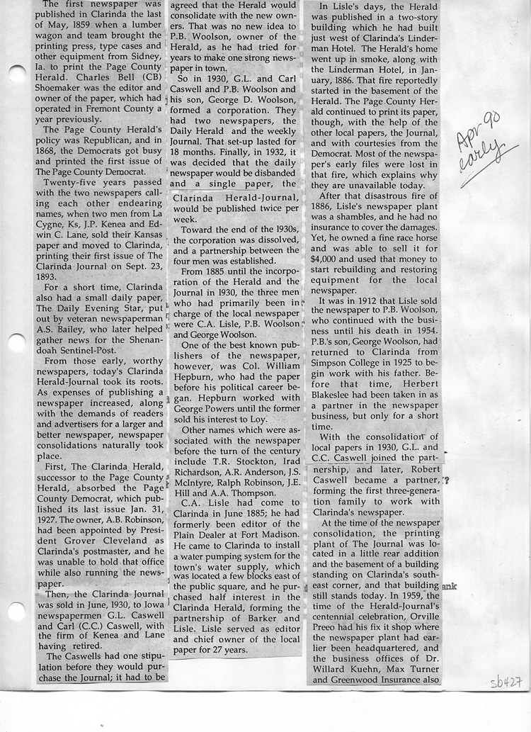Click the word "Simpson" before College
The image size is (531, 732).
coord(333,358)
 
